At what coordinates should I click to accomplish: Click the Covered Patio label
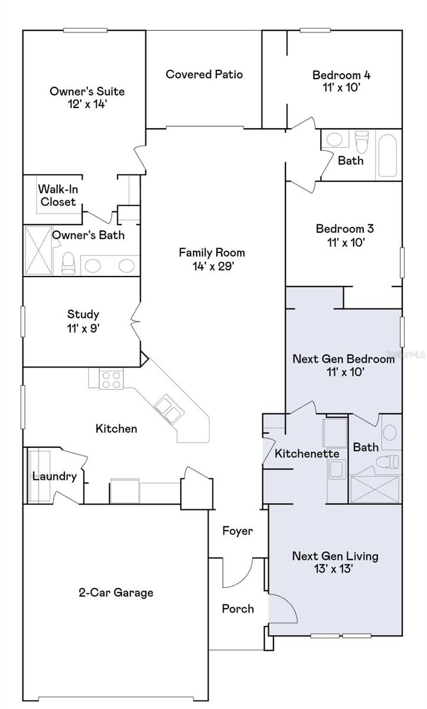click(204, 74)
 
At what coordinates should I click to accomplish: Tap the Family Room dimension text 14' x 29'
click(213, 266)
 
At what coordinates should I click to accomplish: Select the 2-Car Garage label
click(116, 593)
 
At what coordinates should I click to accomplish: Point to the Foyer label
click(237, 531)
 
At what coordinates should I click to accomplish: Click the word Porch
click(238, 609)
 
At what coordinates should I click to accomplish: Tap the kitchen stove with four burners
click(112, 379)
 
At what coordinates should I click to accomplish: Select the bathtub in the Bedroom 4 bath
click(387, 155)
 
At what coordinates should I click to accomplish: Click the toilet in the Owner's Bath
click(69, 263)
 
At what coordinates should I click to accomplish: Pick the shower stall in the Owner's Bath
click(38, 251)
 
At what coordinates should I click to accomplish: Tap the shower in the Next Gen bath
click(375, 489)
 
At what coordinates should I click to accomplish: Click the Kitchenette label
click(307, 454)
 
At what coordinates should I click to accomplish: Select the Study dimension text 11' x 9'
click(83, 329)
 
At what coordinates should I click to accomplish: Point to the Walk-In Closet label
click(58, 196)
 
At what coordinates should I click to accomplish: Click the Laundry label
click(55, 476)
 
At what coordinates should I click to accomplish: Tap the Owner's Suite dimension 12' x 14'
click(87, 104)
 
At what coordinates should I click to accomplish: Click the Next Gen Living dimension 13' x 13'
click(334, 568)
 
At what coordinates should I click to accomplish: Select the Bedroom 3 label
click(345, 229)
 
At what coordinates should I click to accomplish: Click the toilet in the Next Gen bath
click(388, 461)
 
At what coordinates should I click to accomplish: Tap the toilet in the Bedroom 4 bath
click(362, 141)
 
